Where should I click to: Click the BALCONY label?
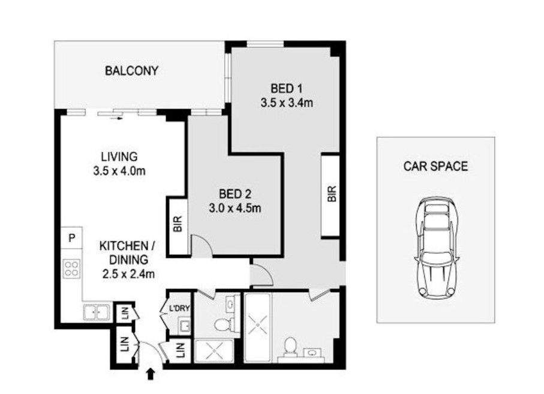(x=131, y=71)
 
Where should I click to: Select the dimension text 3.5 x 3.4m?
(x=286, y=103)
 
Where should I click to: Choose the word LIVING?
(x=119, y=157)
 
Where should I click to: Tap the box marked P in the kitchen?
(x=71, y=238)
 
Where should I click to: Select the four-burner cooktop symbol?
(x=72, y=269)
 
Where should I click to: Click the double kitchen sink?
(x=96, y=312)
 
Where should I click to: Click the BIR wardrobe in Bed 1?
(x=331, y=195)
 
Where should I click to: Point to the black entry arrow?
(x=149, y=375)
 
